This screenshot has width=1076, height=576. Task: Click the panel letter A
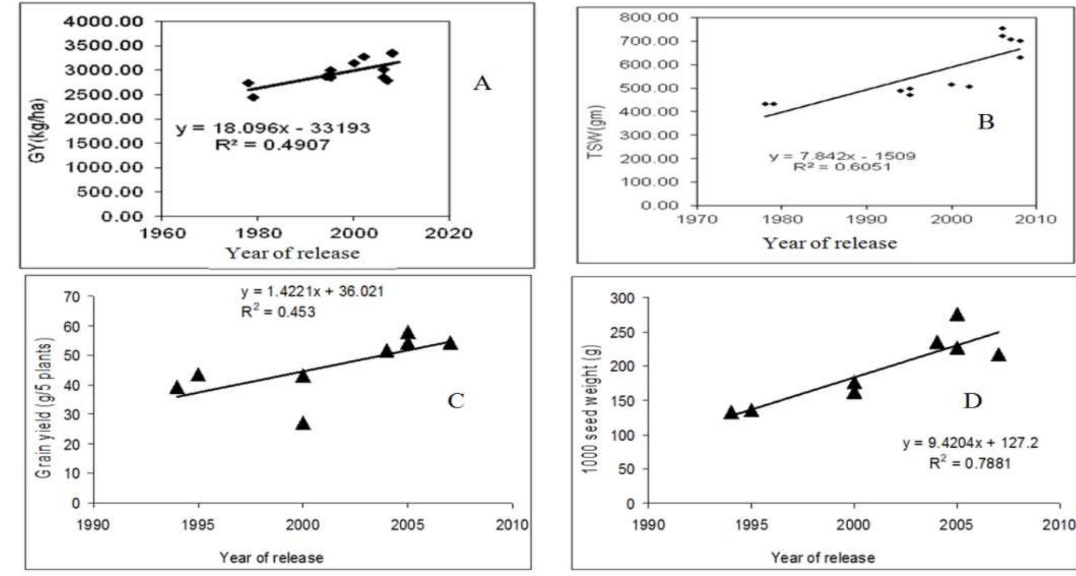[x=482, y=84]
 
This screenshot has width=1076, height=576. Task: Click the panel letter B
[x=986, y=122]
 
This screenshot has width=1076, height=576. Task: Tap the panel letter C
[x=456, y=401]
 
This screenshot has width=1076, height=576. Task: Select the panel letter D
[x=973, y=401]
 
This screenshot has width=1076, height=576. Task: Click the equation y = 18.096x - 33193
[x=273, y=128]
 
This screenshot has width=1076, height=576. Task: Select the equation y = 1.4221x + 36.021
[x=312, y=291]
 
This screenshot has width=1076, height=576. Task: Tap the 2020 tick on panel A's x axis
[x=448, y=233]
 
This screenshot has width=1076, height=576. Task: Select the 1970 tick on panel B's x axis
[x=697, y=219]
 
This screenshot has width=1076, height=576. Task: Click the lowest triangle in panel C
[x=303, y=423]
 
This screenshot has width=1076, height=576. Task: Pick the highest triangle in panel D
[x=957, y=315]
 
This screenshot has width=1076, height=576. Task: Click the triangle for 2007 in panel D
[x=998, y=355]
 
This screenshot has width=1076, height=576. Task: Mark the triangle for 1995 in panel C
[x=199, y=375]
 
